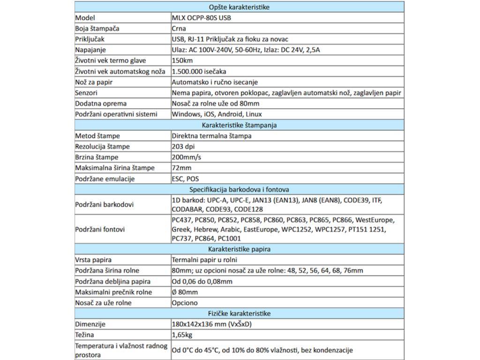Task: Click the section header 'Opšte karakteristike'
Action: pyautogui.click(x=239, y=7)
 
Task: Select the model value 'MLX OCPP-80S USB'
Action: pyautogui.click(x=202, y=18)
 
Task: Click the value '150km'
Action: pyautogui.click(x=183, y=60)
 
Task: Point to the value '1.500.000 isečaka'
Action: pyautogui.click(x=199, y=71)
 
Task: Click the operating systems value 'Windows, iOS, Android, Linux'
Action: pyautogui.click(x=217, y=114)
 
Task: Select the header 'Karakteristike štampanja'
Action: pyautogui.click(x=239, y=125)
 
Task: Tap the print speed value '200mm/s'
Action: pyautogui.click(x=187, y=157)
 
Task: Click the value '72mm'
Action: pyautogui.click(x=181, y=168)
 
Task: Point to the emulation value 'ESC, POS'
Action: pyautogui.click(x=185, y=179)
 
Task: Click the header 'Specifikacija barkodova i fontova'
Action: pyautogui.click(x=239, y=190)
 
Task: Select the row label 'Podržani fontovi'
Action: pyautogui.click(x=100, y=230)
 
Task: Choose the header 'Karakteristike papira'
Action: pyautogui.click(x=239, y=249)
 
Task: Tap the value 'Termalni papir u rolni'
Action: pyautogui.click(x=204, y=260)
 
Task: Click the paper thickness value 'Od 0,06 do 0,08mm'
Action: pyautogui.click(x=202, y=281)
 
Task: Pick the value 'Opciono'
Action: pyautogui.click(x=185, y=303)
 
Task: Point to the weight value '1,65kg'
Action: pyautogui.click(x=182, y=335)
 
